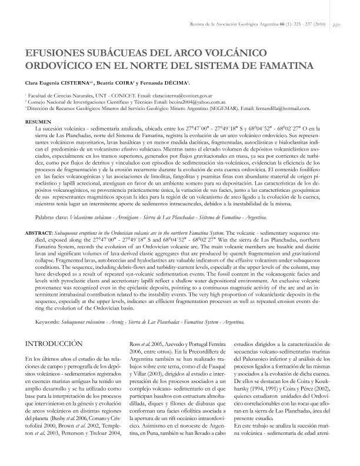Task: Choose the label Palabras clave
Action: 52,201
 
